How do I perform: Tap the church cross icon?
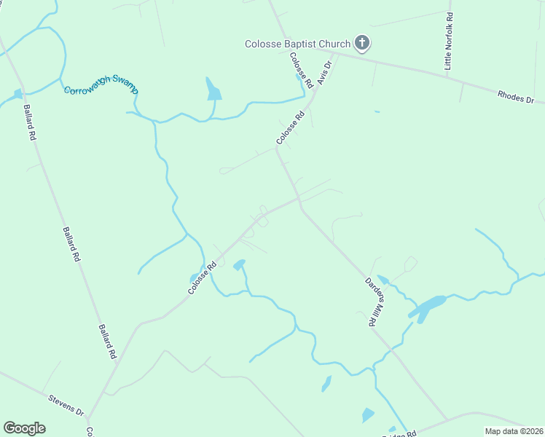(362, 44)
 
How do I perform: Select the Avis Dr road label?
(325, 74)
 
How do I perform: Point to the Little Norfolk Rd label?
(449, 41)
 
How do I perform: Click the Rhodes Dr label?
(516, 97)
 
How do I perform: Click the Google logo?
(24, 428)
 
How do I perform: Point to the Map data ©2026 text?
(513, 431)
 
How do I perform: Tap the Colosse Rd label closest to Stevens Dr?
(203, 278)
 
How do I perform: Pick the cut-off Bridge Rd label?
(401, 433)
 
